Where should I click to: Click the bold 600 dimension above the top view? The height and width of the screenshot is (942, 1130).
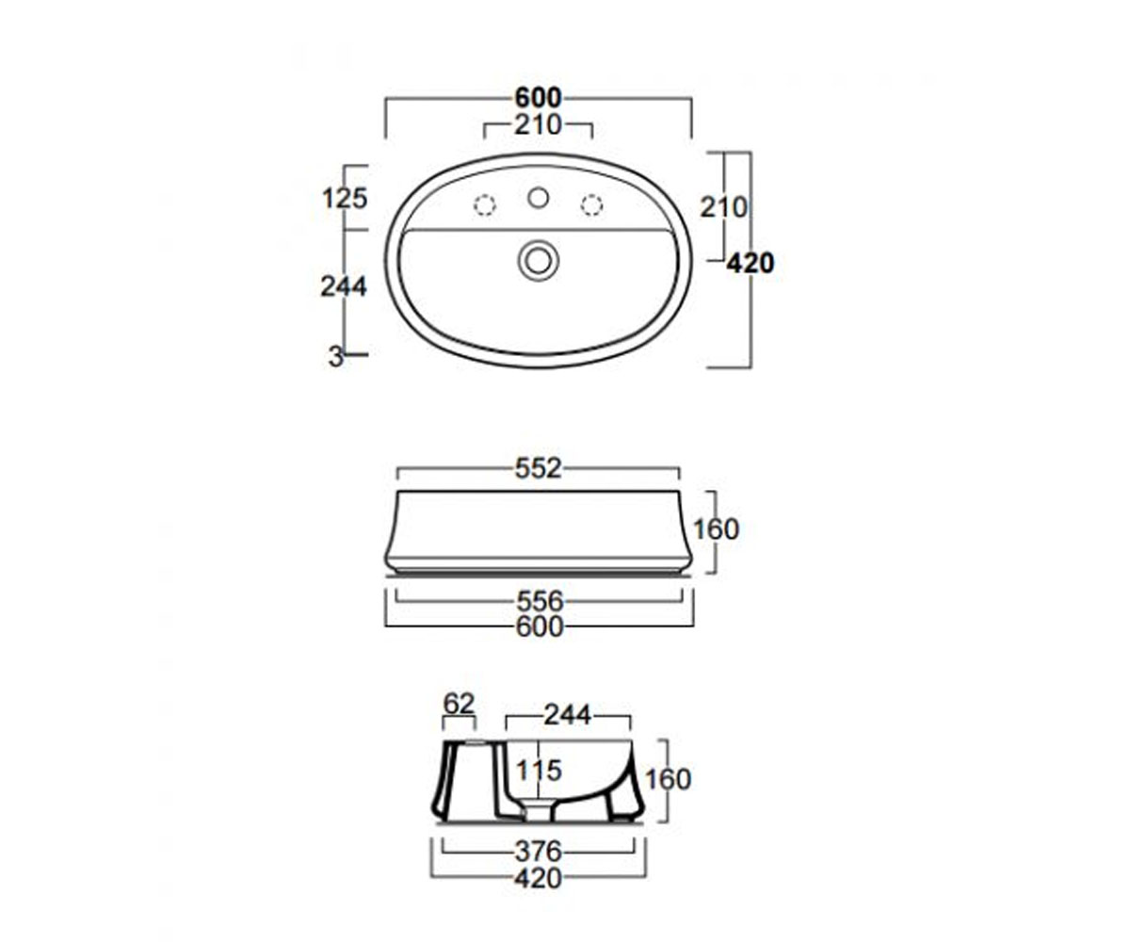tap(538, 98)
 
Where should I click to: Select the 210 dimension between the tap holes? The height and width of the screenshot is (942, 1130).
tap(538, 125)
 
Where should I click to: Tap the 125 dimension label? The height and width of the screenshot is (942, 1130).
tap(346, 198)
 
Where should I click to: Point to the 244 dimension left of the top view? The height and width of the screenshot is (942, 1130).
tap(345, 285)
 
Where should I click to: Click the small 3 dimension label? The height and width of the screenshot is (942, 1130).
tap(335, 357)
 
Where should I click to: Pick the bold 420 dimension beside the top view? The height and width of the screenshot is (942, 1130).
tap(751, 264)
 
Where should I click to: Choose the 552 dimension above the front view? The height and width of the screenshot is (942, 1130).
tap(538, 469)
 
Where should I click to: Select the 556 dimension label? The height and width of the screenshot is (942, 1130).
tap(541, 601)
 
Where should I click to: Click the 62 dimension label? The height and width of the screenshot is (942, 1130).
tap(459, 704)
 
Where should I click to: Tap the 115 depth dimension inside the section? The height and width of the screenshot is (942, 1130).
tap(540, 771)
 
